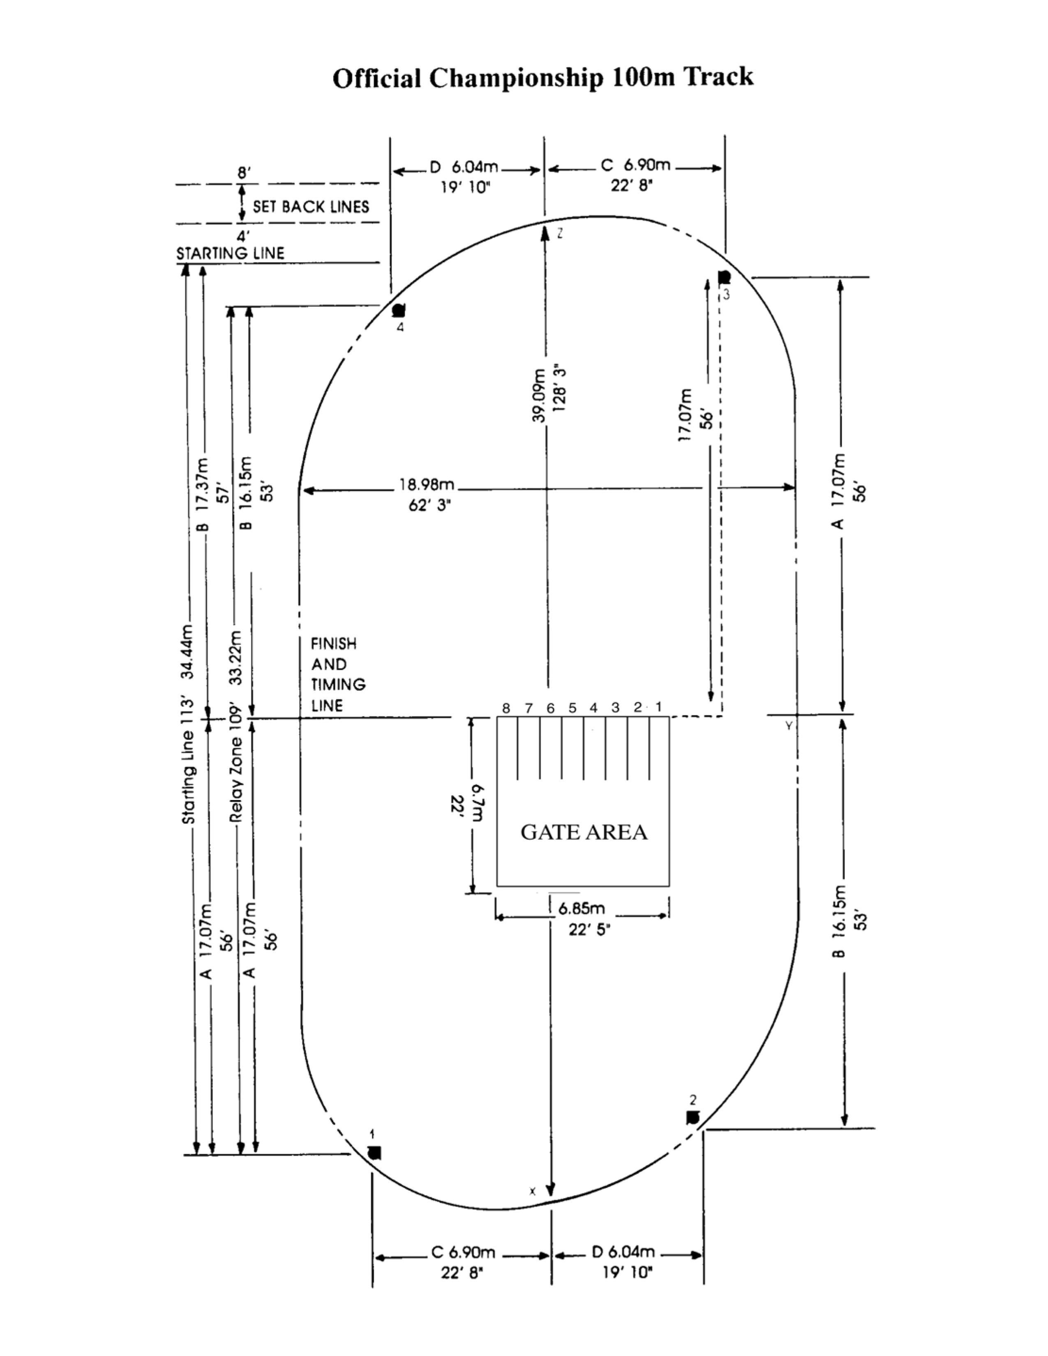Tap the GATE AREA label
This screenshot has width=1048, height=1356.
584,833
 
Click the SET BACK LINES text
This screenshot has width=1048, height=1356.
311,207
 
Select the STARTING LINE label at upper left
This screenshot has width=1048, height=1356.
230,253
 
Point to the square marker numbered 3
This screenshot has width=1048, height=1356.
724,277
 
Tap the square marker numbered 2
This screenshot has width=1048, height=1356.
693,1118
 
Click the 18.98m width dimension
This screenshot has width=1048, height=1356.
427,484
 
